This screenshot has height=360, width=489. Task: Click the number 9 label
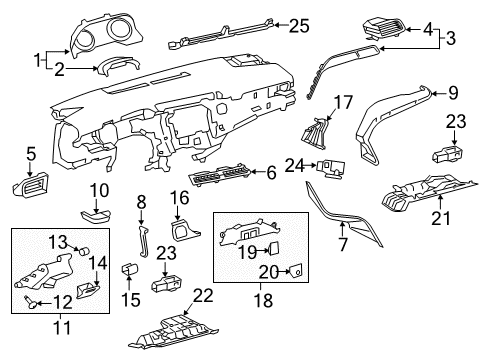point(453,93)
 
